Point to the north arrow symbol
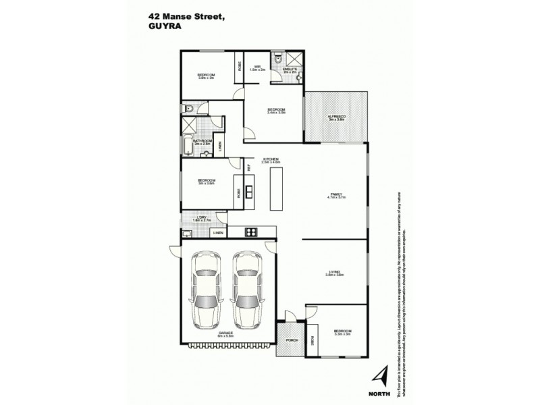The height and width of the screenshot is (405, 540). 381,374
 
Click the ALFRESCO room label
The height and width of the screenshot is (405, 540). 337,117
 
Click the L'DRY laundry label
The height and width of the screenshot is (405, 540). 202,217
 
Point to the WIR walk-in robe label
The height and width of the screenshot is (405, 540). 257,66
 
